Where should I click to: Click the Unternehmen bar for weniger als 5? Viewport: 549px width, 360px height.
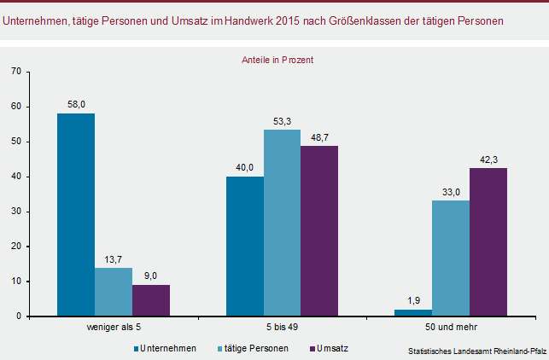pyautogui.click(x=76, y=215)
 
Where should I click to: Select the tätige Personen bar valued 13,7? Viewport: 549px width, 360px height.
pyautogui.click(x=114, y=292)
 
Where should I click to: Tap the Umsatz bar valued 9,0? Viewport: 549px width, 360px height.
pyautogui.click(x=151, y=300)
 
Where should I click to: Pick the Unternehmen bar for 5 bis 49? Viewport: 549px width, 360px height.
pyautogui.click(x=245, y=247)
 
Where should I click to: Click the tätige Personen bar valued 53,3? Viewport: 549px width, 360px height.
pyautogui.click(x=282, y=223)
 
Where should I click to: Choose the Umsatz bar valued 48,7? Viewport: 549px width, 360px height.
pyautogui.click(x=319, y=231)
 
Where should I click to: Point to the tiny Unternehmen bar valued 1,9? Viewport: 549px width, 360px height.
pyautogui.click(x=413, y=312)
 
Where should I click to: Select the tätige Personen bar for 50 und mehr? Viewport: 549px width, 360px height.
pyautogui.click(x=451, y=258)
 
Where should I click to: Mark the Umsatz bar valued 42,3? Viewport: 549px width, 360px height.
pyautogui.click(x=488, y=242)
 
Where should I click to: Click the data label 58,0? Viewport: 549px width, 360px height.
pyautogui.click(x=76, y=105)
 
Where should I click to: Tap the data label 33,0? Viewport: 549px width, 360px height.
pyautogui.click(x=451, y=192)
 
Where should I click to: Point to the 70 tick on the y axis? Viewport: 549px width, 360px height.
pyautogui.click(x=16, y=72)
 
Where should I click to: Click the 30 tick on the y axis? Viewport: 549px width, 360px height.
pyautogui.click(x=16, y=212)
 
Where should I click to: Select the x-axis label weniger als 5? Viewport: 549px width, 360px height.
pyautogui.click(x=114, y=327)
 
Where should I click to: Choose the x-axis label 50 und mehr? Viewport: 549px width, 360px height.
pyautogui.click(x=451, y=327)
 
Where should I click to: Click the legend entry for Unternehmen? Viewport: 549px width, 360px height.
pyautogui.click(x=169, y=348)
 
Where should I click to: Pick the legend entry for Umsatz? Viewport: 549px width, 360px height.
pyautogui.click(x=331, y=348)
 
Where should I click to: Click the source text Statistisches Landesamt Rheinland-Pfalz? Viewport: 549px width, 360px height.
pyautogui.click(x=476, y=351)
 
